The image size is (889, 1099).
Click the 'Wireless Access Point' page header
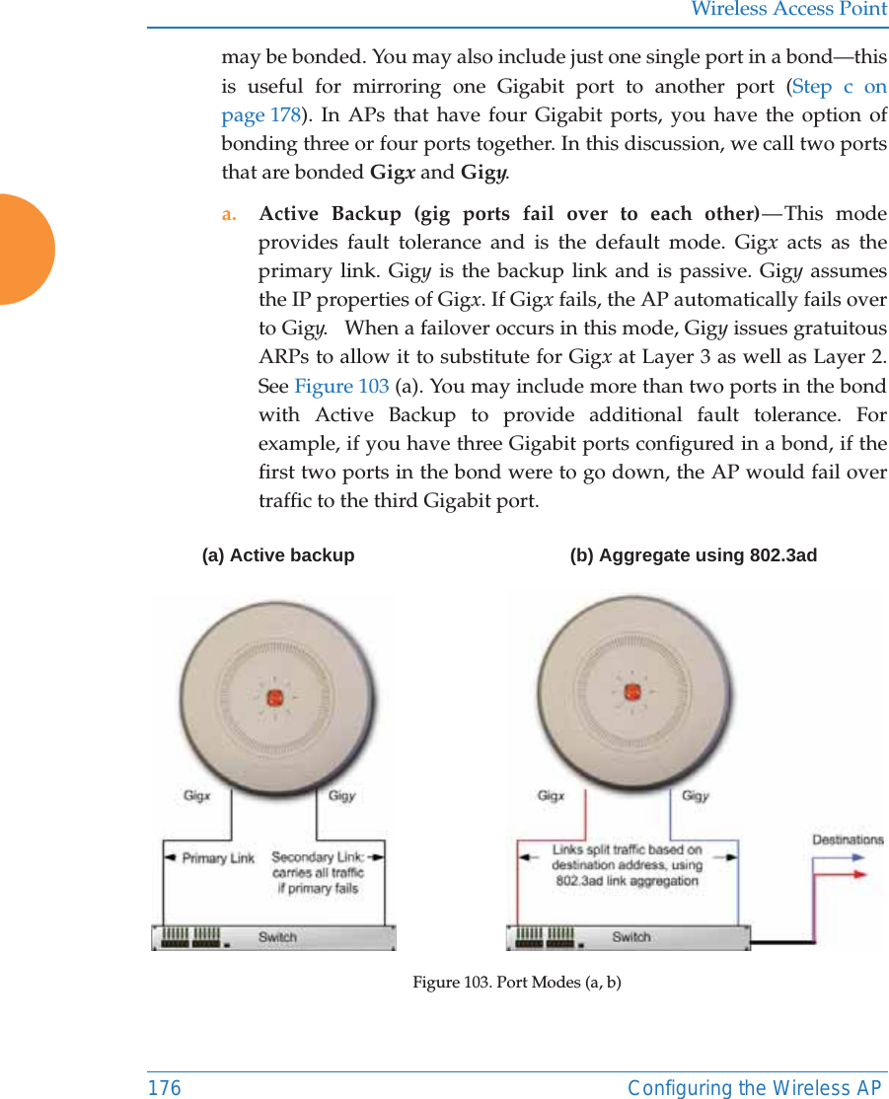(x=788, y=10)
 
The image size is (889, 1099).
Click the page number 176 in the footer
(x=165, y=1087)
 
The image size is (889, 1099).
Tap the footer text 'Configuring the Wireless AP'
(x=755, y=1087)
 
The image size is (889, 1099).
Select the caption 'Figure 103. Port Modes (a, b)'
(x=517, y=982)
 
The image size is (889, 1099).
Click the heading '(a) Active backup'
(x=278, y=555)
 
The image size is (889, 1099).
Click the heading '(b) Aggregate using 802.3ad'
(x=693, y=555)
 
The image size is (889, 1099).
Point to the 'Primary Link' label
(x=218, y=858)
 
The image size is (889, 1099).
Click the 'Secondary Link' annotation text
(x=318, y=872)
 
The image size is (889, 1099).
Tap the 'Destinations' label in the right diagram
(x=848, y=840)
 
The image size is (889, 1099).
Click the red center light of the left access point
(x=274, y=697)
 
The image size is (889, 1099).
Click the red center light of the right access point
(x=632, y=692)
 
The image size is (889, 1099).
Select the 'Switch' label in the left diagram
(x=277, y=936)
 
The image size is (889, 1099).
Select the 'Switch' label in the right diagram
(x=630, y=936)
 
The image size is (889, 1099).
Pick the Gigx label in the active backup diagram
(x=197, y=795)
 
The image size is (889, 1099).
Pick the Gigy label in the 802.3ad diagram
(x=696, y=795)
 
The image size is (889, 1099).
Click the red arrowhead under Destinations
(x=858, y=874)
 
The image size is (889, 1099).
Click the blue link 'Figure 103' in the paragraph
(x=341, y=386)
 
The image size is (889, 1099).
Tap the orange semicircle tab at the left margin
(x=25, y=250)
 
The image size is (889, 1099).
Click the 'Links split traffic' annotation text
(x=627, y=864)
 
